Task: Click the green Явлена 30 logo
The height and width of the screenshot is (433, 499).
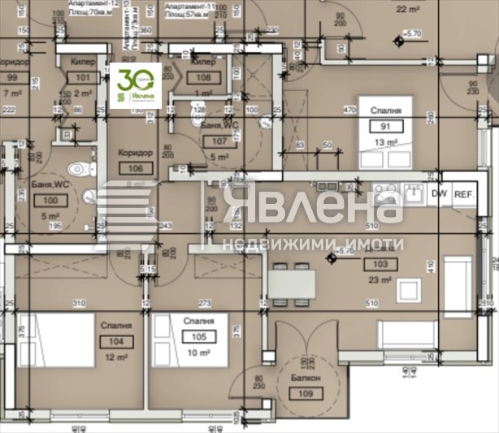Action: tap(135, 84)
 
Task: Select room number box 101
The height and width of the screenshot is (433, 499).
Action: tap(82, 79)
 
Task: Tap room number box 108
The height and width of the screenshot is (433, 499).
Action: tap(205, 78)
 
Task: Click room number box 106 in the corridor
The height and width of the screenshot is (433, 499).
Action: tap(135, 168)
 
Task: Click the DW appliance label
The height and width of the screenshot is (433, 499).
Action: tap(440, 193)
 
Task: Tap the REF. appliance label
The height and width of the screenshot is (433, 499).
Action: tap(464, 193)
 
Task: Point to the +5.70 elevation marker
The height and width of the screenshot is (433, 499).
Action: tap(410, 33)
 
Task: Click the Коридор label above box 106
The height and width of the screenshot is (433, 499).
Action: tap(135, 153)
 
